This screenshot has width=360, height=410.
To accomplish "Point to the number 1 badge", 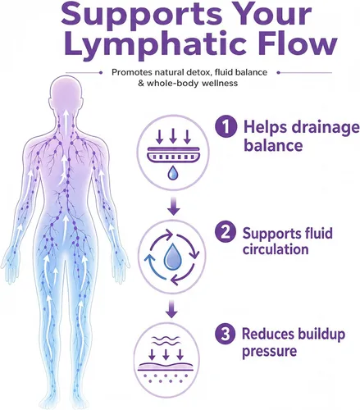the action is click(226, 126).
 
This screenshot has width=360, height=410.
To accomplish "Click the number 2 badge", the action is click(225, 232).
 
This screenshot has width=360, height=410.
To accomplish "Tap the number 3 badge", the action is click(225, 334).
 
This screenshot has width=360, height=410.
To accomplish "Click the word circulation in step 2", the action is click(276, 249).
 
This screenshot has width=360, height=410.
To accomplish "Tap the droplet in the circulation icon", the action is click(171, 255).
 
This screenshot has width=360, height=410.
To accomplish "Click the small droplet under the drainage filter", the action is click(172, 173).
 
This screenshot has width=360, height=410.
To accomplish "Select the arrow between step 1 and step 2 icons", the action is click(174, 207).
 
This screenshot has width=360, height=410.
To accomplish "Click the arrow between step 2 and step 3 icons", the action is click(171, 309).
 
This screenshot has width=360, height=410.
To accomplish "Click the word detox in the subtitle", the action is click(198, 72).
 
